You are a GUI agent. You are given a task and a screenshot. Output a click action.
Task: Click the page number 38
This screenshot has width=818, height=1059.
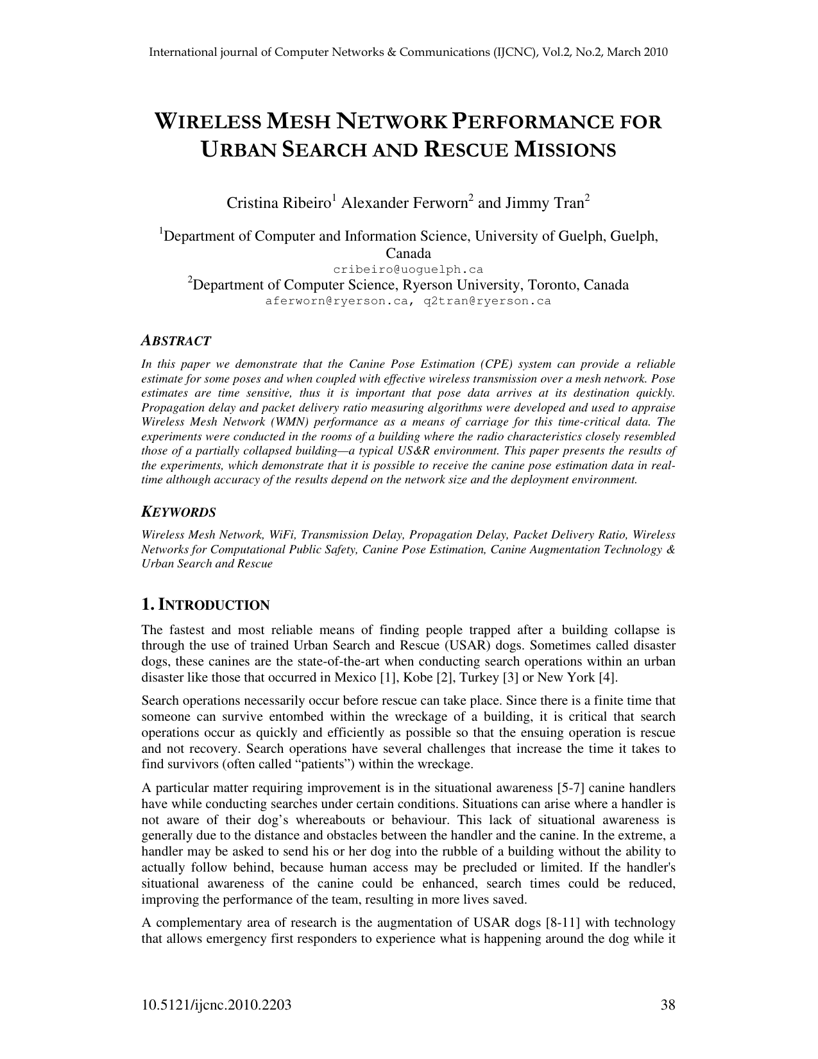tap(668, 1005)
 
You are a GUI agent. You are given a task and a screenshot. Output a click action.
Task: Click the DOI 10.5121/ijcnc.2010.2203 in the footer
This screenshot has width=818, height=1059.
tap(216, 1005)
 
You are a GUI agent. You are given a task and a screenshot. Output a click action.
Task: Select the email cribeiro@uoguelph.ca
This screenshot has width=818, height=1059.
tap(408, 270)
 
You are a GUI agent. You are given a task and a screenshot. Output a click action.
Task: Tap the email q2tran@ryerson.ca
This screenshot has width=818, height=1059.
tap(487, 300)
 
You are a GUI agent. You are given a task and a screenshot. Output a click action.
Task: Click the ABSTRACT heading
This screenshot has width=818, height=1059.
tap(176, 341)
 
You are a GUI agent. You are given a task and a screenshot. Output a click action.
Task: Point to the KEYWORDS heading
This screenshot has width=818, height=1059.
tap(178, 512)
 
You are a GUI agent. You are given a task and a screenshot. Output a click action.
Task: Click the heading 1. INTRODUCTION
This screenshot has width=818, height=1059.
tap(205, 605)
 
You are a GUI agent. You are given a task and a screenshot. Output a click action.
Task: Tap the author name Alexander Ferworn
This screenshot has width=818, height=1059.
tap(405, 203)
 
